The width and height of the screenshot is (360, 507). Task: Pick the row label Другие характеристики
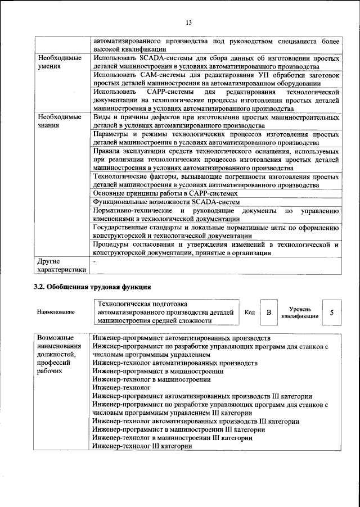(61, 265)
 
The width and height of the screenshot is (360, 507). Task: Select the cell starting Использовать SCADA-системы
(215, 62)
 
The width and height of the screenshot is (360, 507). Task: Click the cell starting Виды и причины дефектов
(215, 120)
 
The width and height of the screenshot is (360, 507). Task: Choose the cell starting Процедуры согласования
(215, 248)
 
